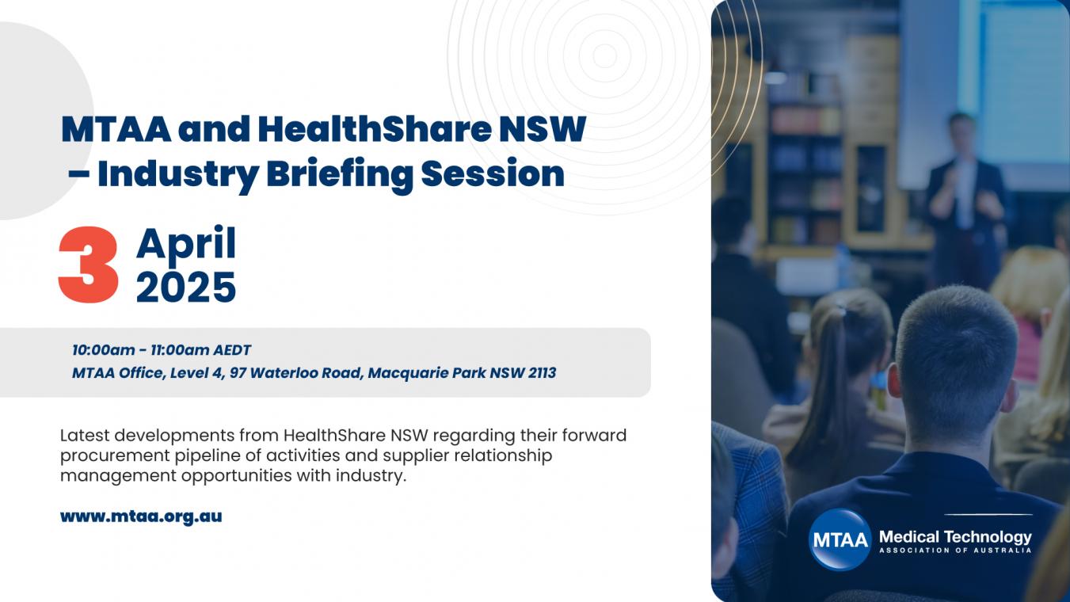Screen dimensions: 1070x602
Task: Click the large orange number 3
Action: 89,265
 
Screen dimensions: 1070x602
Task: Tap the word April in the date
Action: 186,245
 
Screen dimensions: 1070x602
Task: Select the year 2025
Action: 186,288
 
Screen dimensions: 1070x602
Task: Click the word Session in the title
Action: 493,173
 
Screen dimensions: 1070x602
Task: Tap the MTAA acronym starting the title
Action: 116,129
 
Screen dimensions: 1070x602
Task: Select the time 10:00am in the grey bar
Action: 104,350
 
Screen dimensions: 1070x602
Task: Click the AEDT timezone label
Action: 232,350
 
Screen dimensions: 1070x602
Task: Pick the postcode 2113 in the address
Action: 543,372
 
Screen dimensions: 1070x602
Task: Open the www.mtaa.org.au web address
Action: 141,516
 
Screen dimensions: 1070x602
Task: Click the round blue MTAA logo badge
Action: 840,539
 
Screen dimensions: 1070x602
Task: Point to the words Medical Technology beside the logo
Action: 955,538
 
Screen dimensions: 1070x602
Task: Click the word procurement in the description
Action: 115,456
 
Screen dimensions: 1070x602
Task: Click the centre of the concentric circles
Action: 605,56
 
